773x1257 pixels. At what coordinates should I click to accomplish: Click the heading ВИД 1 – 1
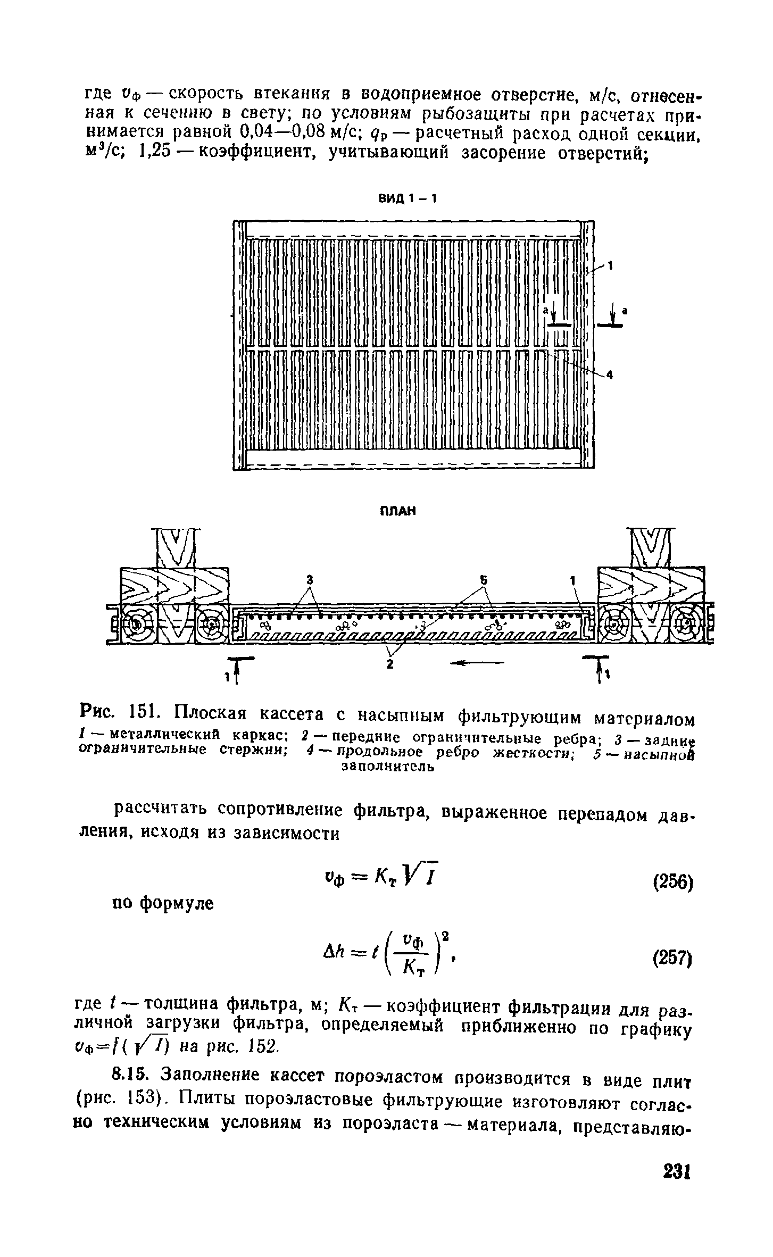tap(407, 199)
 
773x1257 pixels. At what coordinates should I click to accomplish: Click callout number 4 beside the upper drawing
tap(610, 376)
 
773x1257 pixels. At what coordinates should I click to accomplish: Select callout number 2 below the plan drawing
tap(390, 664)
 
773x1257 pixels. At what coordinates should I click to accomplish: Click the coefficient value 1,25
tap(154, 153)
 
